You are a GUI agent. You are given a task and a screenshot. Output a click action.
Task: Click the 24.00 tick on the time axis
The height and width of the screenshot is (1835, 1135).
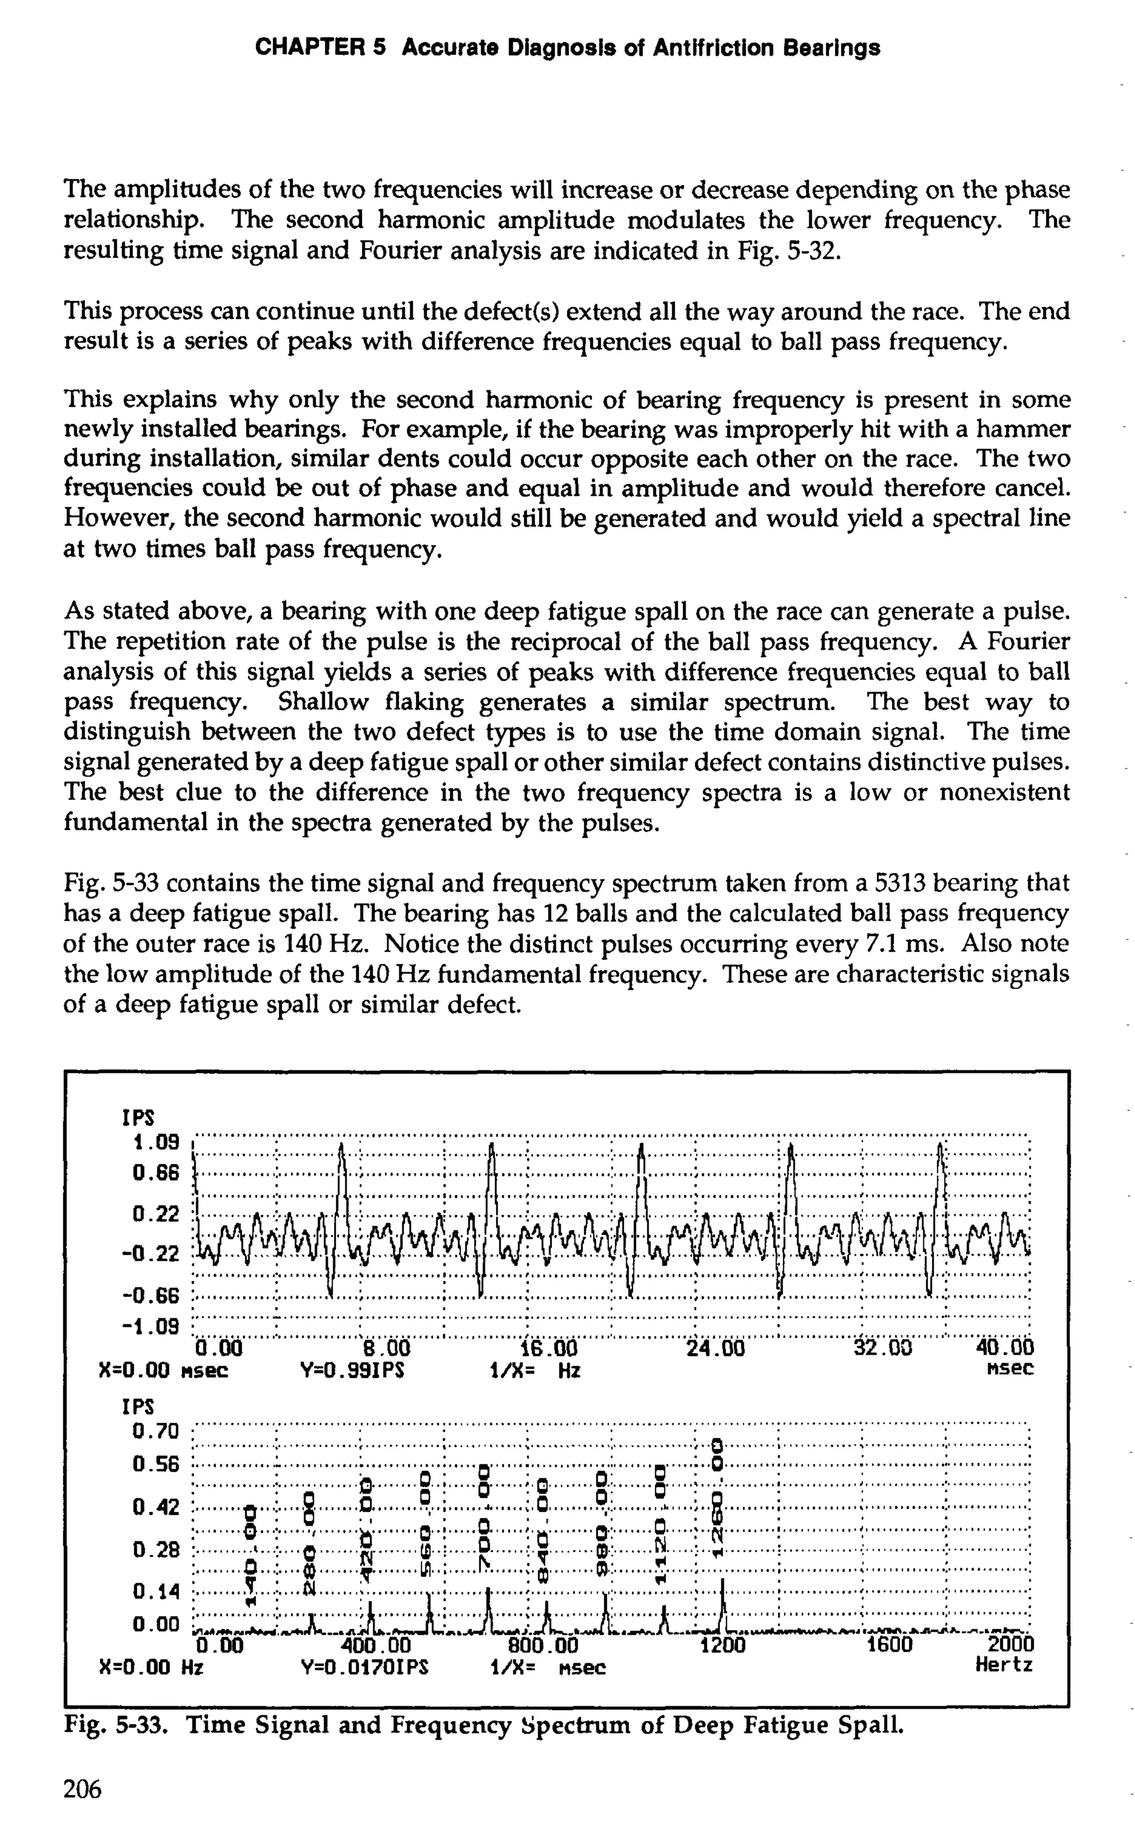(x=715, y=1349)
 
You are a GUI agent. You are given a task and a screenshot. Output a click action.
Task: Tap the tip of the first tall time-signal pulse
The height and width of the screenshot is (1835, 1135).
(x=341, y=1145)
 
